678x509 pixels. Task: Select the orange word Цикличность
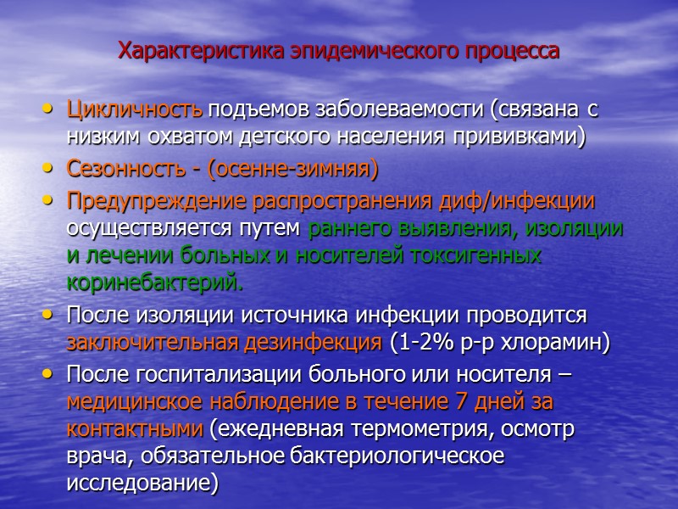[x=134, y=109]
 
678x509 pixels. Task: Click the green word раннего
[x=352, y=228]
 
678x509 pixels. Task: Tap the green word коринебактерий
[x=153, y=281]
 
